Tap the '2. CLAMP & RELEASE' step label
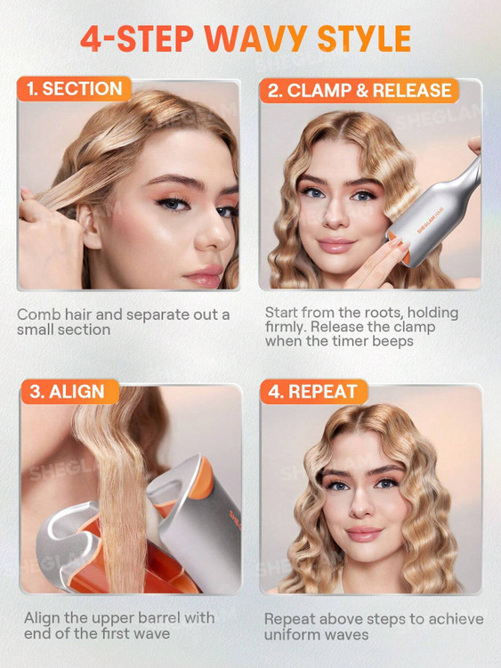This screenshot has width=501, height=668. pos(359,90)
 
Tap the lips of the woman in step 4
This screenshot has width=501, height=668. pos(364,534)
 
